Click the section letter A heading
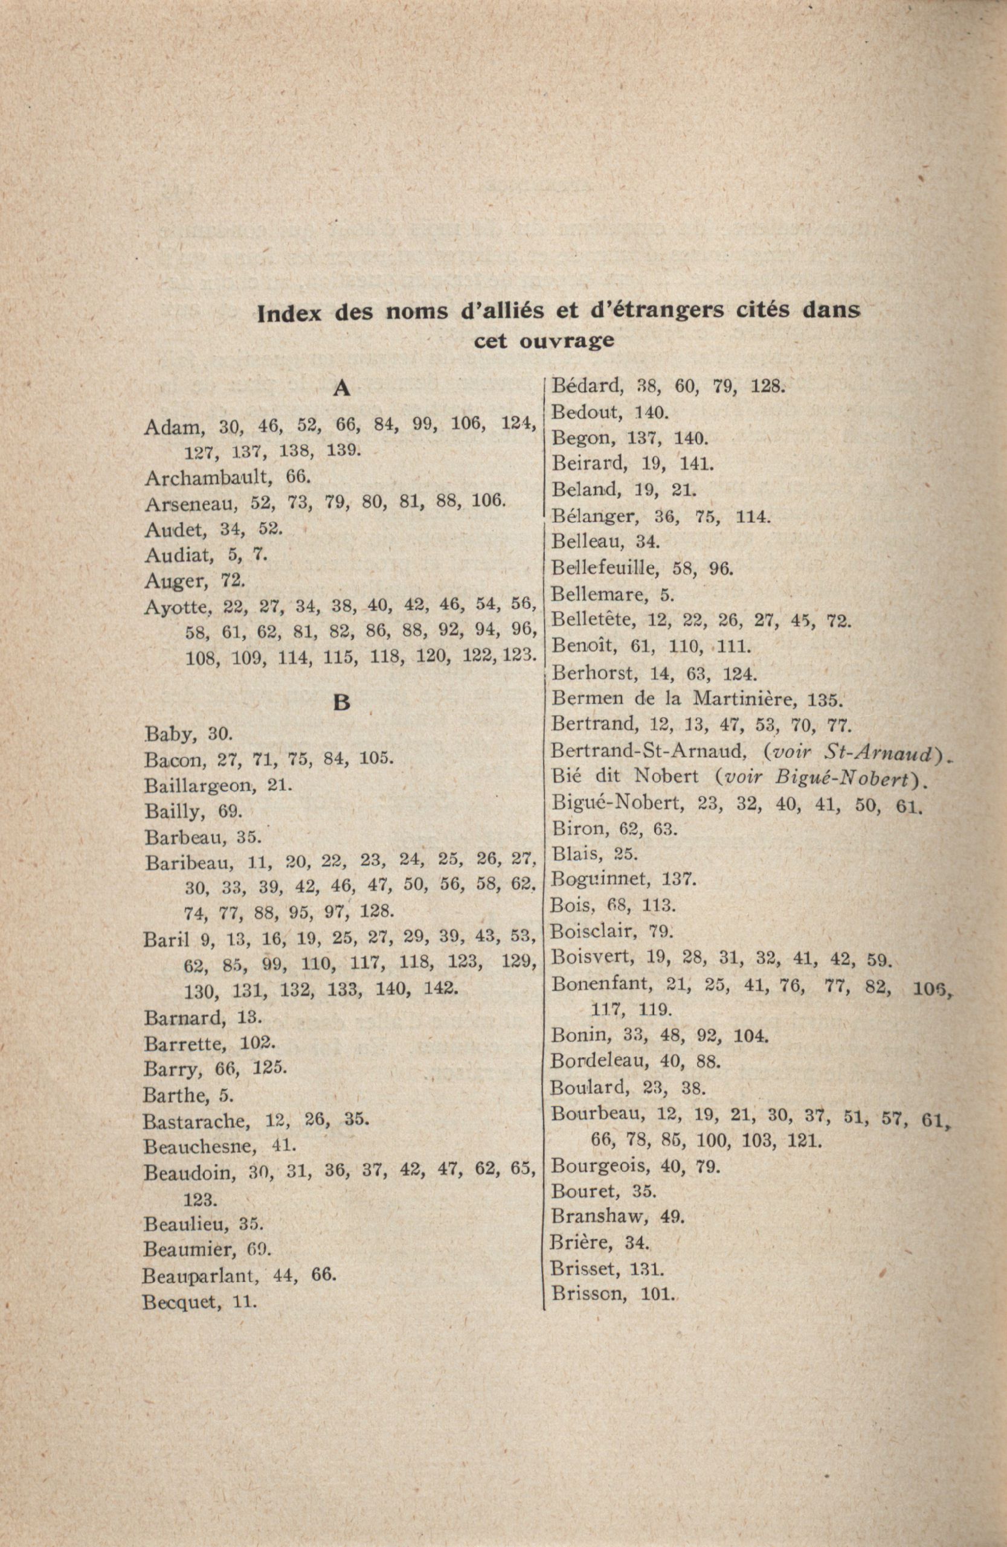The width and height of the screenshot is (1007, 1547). pyautogui.click(x=341, y=389)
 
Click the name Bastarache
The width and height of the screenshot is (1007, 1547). pyautogui.click(x=196, y=1120)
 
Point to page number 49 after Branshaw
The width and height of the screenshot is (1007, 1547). pyautogui.click(x=672, y=1215)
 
